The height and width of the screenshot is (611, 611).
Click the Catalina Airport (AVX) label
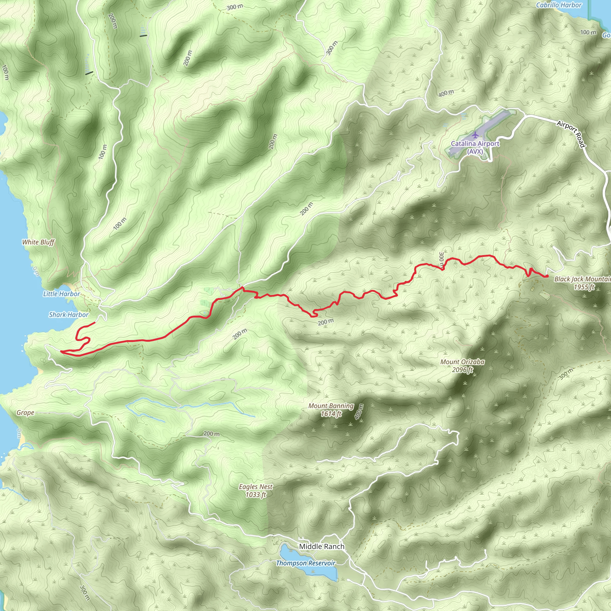(475, 147)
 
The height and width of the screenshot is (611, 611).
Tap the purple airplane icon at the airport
(475, 135)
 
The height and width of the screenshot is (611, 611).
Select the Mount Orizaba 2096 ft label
(462, 365)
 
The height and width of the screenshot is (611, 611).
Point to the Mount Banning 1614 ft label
(331, 410)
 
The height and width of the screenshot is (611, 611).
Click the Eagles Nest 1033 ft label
(256, 490)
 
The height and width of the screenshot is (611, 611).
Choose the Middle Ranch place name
(322, 546)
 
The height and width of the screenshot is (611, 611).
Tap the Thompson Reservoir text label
(305, 563)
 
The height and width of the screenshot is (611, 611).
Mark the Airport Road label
(571, 133)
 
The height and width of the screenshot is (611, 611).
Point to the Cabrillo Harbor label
(559, 5)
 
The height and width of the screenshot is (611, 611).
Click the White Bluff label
(38, 242)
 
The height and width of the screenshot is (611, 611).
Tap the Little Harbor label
(62, 294)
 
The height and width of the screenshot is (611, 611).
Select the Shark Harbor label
(69, 315)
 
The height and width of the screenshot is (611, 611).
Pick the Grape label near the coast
(25, 412)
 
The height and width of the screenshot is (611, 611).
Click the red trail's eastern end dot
(547, 276)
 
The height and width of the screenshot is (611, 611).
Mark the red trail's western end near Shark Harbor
(95, 323)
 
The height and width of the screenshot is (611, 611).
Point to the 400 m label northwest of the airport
(446, 93)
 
